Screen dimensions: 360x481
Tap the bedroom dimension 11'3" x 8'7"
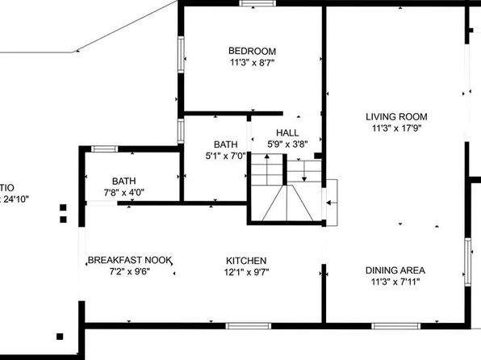point(253,62)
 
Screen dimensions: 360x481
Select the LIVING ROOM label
point(395,116)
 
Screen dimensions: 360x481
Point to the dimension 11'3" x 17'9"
point(395,128)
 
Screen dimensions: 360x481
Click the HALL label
point(287,132)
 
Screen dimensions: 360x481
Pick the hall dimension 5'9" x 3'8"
point(287,144)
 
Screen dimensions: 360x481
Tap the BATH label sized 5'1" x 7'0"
point(225,145)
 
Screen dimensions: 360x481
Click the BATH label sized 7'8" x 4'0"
point(123,181)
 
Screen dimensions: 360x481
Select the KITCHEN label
point(246,260)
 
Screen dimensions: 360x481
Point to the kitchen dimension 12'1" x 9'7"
point(246,272)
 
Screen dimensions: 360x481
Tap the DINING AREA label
point(395,270)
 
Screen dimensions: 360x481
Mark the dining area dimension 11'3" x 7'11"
point(395,283)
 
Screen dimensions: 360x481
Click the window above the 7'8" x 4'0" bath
point(105,149)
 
